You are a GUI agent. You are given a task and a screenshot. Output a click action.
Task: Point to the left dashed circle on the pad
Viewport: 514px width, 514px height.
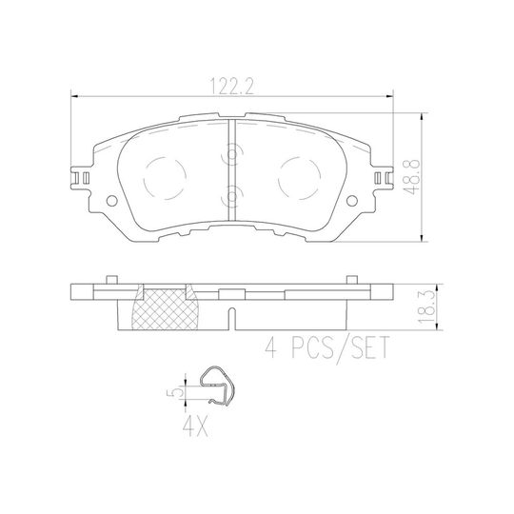[168, 176]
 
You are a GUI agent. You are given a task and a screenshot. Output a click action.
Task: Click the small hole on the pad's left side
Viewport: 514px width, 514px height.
[112, 201]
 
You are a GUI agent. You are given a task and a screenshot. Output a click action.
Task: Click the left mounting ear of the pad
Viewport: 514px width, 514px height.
[81, 177]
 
